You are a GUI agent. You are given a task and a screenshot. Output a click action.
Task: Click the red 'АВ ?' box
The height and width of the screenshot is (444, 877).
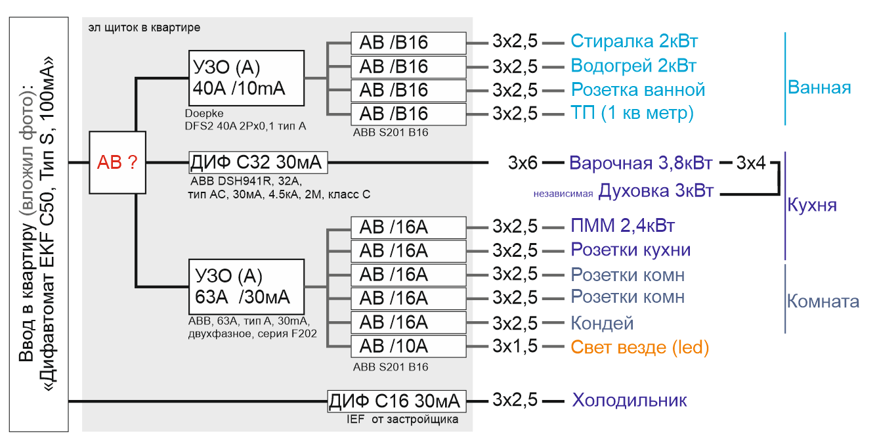coord(118,162)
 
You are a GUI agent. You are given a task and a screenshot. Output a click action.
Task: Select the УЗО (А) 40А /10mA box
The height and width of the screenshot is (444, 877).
coord(246,78)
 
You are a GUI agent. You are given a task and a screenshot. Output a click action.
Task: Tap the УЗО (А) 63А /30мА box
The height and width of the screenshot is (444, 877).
coord(246,286)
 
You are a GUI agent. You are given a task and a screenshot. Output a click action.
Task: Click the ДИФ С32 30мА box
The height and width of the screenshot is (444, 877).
coord(258,162)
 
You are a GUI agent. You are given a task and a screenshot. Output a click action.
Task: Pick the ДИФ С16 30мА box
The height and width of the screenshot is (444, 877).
coord(396,401)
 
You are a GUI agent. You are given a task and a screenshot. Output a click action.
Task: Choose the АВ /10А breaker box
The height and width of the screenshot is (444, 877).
coord(408,346)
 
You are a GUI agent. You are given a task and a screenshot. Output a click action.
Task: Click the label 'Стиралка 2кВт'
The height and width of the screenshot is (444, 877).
coord(634,41)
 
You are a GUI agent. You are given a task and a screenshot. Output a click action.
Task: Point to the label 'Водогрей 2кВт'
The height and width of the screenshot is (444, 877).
coord(633,66)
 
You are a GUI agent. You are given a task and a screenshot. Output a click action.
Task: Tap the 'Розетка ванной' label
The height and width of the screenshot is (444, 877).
coord(638,90)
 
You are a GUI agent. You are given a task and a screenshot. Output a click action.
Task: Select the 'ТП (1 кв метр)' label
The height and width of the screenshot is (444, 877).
coord(632,113)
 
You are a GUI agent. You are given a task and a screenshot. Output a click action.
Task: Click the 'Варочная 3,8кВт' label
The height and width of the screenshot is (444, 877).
coord(641,163)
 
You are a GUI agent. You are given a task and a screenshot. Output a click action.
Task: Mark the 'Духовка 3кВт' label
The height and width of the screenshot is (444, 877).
coord(656,191)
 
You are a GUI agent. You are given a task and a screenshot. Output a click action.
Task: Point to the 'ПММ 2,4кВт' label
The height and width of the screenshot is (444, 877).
coord(622,226)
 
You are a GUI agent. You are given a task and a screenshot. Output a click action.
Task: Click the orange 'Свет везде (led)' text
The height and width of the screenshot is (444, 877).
coord(640,347)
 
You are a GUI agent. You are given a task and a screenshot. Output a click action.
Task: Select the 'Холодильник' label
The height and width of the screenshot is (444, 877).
coord(630,401)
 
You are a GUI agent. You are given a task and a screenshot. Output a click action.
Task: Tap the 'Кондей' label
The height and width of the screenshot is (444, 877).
coord(602,323)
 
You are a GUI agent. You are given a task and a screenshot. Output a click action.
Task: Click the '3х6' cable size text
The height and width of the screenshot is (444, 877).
coord(523,163)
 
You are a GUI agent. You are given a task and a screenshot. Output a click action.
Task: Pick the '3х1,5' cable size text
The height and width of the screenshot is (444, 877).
coord(515,346)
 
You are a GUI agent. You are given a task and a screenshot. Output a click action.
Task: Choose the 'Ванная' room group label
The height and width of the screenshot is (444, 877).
coord(819,87)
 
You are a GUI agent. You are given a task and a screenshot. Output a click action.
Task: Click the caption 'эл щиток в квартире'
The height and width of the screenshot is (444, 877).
coord(144,28)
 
